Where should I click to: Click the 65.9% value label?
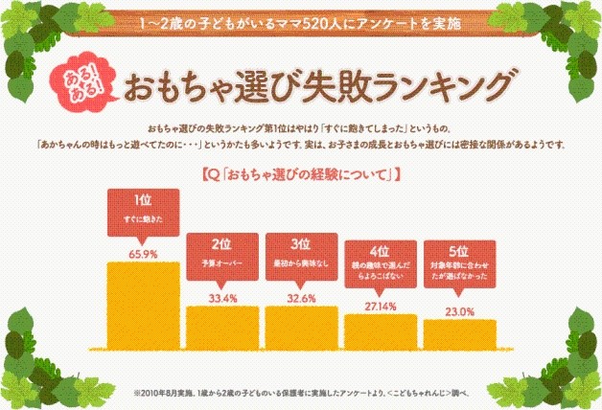[142, 253]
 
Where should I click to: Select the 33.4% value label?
[221, 298]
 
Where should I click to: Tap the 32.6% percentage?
[301, 298]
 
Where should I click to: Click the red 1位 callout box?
[142, 209]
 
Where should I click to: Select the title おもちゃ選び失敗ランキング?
[312, 85]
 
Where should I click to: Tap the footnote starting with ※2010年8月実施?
[300, 392]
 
